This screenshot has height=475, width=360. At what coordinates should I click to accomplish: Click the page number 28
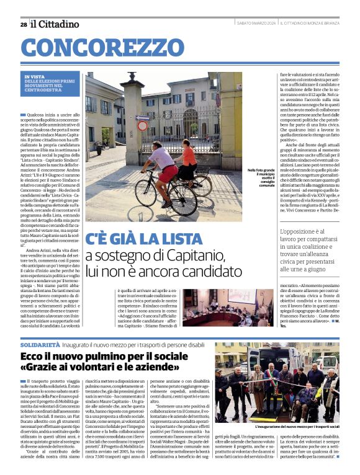tap(23, 24)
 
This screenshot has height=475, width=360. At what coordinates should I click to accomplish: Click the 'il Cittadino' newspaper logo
tap(55, 24)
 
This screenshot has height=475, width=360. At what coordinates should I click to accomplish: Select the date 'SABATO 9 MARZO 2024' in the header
tap(256, 24)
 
